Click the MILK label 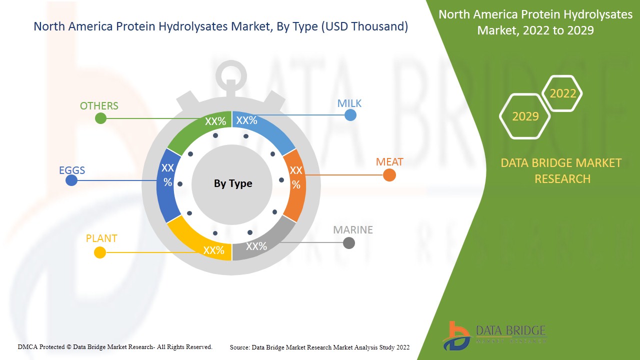(x=349, y=103)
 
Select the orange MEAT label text (x=389, y=162)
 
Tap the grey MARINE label (x=353, y=230)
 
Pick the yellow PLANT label (x=101, y=238)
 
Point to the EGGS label (x=72, y=170)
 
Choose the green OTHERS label (x=99, y=106)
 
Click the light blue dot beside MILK (x=350, y=115)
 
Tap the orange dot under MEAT (x=389, y=175)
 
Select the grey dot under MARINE (x=349, y=243)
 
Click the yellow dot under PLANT (x=100, y=252)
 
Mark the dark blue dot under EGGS (x=71, y=180)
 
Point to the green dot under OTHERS (x=100, y=118)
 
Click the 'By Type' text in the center (x=233, y=183)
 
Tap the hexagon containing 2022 (x=562, y=93)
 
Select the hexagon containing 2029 (x=525, y=116)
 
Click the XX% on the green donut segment (x=215, y=121)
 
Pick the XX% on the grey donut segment (x=256, y=246)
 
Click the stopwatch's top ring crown (x=231, y=75)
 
